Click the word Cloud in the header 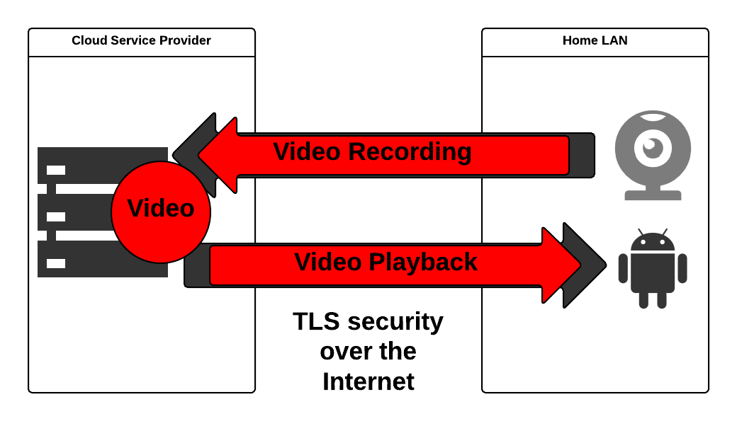pos(88,40)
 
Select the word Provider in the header pos(186,40)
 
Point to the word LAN pos(614,40)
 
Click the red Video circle pos(161,212)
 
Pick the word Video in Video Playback pos(328,262)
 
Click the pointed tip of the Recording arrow pos(201,155)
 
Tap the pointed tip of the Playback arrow pos(579,265)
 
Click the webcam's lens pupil pos(649,145)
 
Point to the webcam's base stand pos(653,195)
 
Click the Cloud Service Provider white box pos(142,42)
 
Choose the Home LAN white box pos(595,42)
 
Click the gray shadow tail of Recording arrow pos(582,155)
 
